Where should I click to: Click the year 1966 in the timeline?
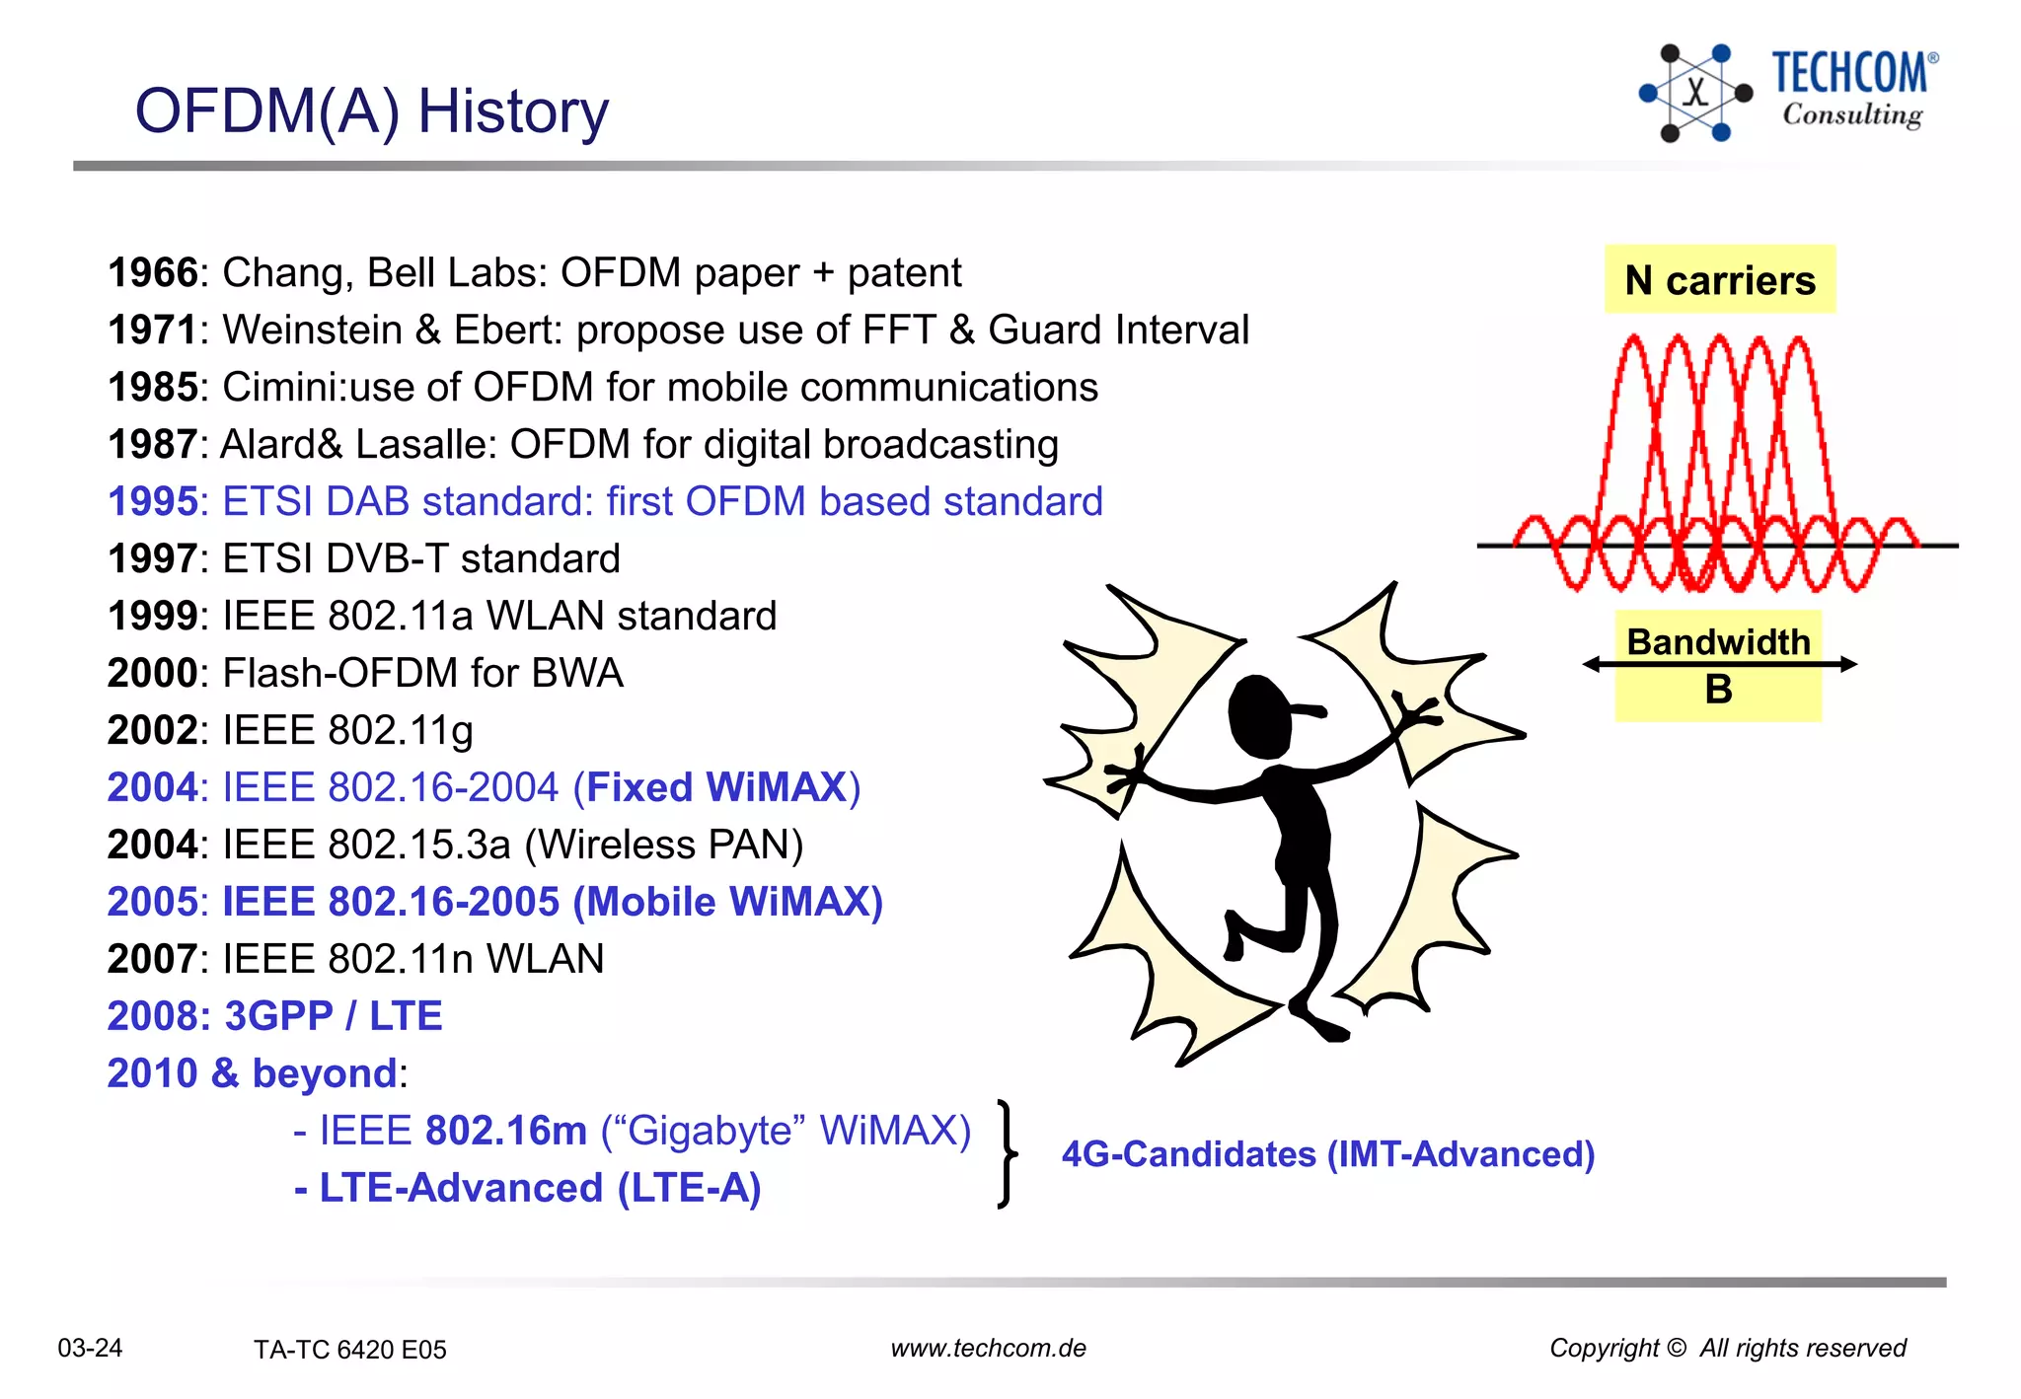tap(153, 273)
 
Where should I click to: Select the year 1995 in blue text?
tap(153, 502)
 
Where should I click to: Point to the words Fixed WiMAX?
tap(716, 788)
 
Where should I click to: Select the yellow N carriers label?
tap(1719, 280)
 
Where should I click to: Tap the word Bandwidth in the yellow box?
tap(1717, 642)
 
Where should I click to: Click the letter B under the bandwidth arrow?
tap(1718, 690)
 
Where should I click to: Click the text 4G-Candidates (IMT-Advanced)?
tap(1327, 1154)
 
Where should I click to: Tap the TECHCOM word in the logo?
tap(1848, 73)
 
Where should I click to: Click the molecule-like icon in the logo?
tap(1694, 93)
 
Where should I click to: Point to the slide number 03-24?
tap(90, 1348)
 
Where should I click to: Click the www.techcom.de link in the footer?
tap(988, 1348)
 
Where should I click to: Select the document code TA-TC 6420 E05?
tap(349, 1350)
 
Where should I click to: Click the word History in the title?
tap(512, 111)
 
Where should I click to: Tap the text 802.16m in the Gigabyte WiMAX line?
tap(505, 1132)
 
